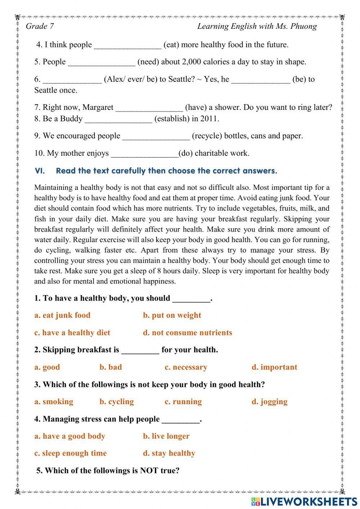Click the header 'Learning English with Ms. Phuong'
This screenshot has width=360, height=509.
pyautogui.click(x=257, y=26)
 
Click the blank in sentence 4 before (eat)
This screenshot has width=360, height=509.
pyautogui.click(x=127, y=45)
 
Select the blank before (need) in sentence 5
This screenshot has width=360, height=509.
pyautogui.click(x=102, y=62)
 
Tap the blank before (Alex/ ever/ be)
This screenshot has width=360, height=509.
pyautogui.click(x=72, y=80)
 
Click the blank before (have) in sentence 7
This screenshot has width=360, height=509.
pyautogui.click(x=149, y=108)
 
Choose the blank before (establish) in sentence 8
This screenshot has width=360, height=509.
pyautogui.click(x=118, y=119)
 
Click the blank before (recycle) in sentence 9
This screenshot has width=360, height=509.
pyautogui.click(x=156, y=136)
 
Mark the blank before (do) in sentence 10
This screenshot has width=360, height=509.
pyautogui.click(x=145, y=153)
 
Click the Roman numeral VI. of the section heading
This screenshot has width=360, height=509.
pyautogui.click(x=40, y=171)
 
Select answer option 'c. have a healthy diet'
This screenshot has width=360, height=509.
pyautogui.click(x=72, y=332)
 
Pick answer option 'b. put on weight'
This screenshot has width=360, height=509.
pyautogui.click(x=172, y=315)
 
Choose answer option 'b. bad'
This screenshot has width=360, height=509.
pyautogui.click(x=111, y=367)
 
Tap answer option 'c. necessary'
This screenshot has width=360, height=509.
pyautogui.click(x=186, y=367)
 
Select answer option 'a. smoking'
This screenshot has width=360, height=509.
pyautogui.click(x=54, y=402)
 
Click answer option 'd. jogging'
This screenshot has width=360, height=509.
pyautogui.click(x=269, y=402)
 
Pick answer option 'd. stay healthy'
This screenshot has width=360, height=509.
pyautogui.click(x=169, y=453)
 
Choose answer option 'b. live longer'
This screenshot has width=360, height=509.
pyautogui.click(x=166, y=436)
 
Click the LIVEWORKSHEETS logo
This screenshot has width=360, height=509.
pyautogui.click(x=304, y=501)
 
